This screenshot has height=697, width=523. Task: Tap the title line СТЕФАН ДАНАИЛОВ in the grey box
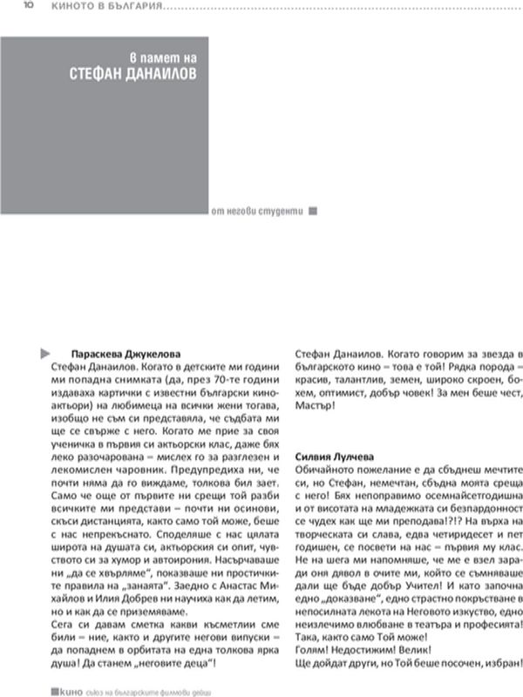[x=132, y=75]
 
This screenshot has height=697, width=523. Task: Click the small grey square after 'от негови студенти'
[x=314, y=211]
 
